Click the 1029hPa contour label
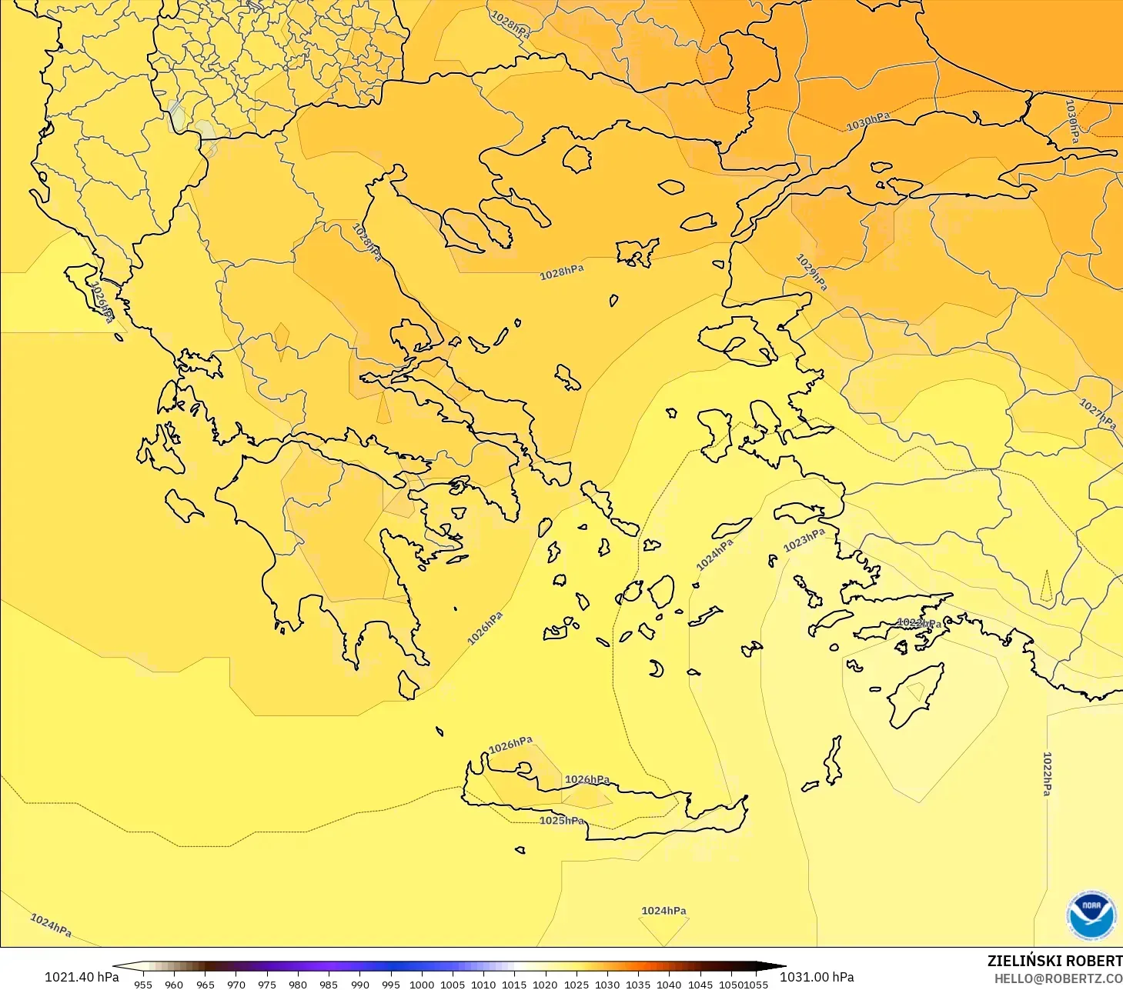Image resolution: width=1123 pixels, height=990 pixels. [x=811, y=272]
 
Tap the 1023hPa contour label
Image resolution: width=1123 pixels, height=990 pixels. [x=804, y=540]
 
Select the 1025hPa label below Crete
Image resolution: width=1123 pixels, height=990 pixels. [x=562, y=821]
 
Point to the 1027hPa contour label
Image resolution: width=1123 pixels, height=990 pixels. [x=1097, y=414]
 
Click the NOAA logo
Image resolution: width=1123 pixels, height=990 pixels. [x=1091, y=915]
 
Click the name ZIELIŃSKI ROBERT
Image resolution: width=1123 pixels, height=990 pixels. [x=1054, y=961]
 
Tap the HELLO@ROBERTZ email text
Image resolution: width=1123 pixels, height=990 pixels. [x=1058, y=978]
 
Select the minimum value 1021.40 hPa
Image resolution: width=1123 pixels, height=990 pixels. [x=82, y=977]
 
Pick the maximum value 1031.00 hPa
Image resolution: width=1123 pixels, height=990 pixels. [x=817, y=977]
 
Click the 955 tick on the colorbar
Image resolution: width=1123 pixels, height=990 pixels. [x=143, y=984]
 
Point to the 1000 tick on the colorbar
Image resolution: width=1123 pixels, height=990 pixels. [x=421, y=984]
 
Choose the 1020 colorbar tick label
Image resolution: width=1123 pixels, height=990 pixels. [x=545, y=984]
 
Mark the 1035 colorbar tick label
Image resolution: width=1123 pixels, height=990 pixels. [x=637, y=984]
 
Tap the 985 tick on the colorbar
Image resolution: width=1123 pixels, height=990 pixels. [x=329, y=984]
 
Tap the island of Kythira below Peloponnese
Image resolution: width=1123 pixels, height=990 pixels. [x=408, y=684]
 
